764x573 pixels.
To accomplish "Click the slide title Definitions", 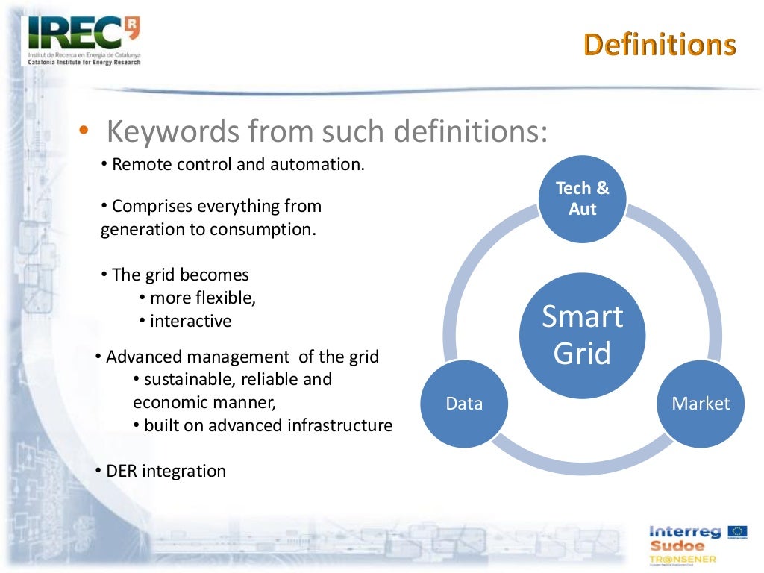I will point(660,45).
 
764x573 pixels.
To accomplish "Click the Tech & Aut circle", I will point(582,198).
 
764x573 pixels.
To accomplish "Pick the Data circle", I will point(464,404).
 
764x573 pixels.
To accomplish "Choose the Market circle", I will point(701,404).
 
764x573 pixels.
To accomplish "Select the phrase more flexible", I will point(203,298).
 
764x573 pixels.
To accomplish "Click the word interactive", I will point(190,322).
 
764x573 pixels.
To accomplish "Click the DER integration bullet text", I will point(166,471).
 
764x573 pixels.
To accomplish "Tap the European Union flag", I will point(738,531).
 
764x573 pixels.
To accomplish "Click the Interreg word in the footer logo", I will point(685,531).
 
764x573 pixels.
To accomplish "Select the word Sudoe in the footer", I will point(676,545).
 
